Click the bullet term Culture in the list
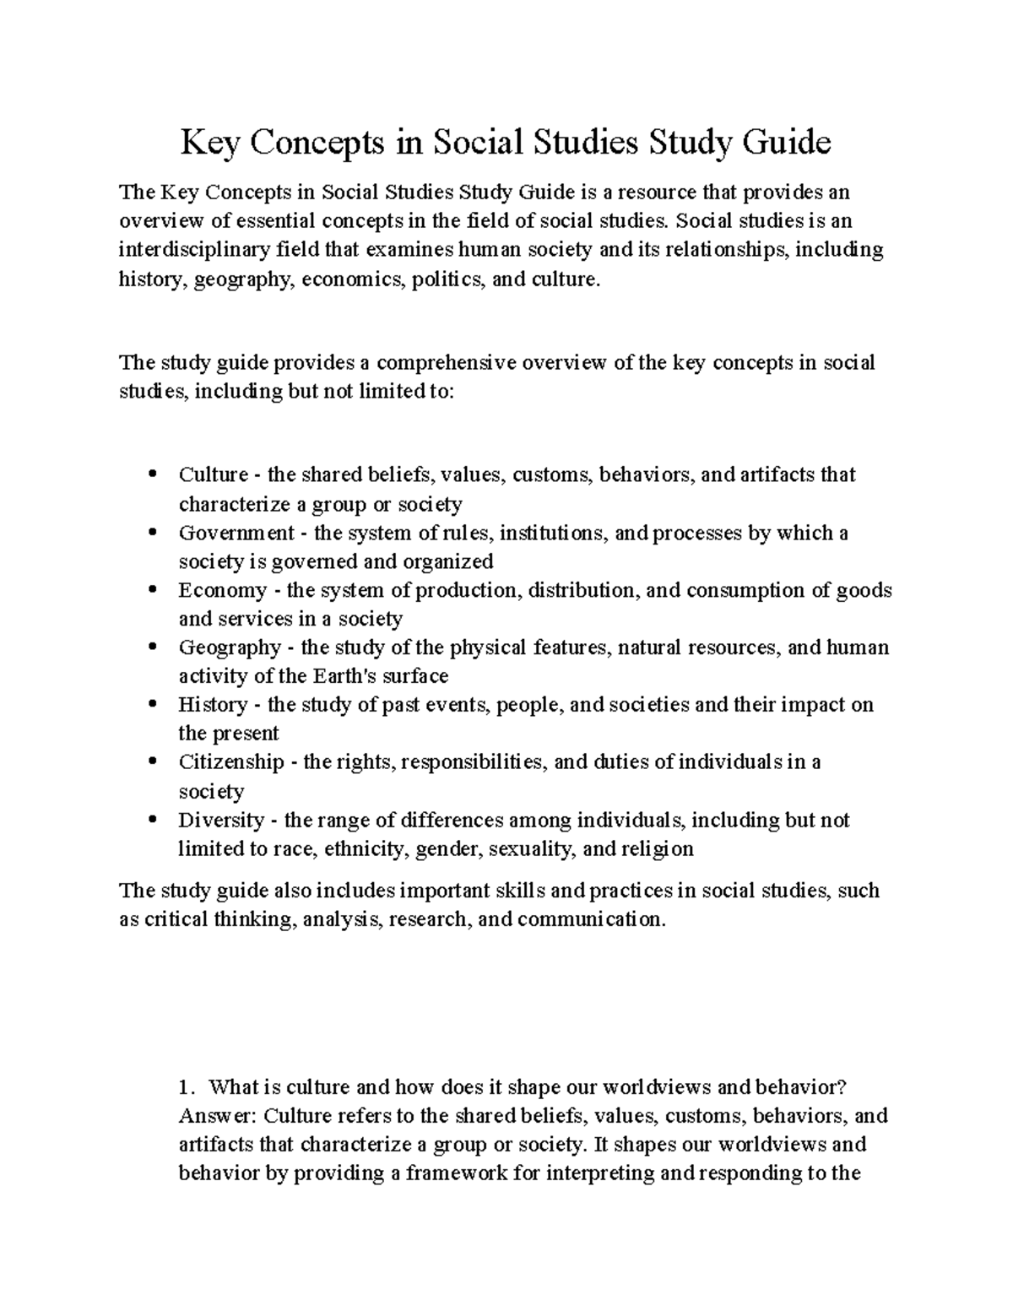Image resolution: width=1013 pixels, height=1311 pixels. coord(213,475)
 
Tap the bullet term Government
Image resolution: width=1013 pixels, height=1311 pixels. coord(236,534)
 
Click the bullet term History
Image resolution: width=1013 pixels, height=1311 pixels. coord(213,705)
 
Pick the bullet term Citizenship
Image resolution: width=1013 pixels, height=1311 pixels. coord(231,762)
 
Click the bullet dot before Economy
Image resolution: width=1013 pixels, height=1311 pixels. coord(152,591)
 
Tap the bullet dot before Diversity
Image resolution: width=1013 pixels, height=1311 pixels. coord(152,821)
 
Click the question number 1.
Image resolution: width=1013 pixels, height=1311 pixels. coord(187,1086)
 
